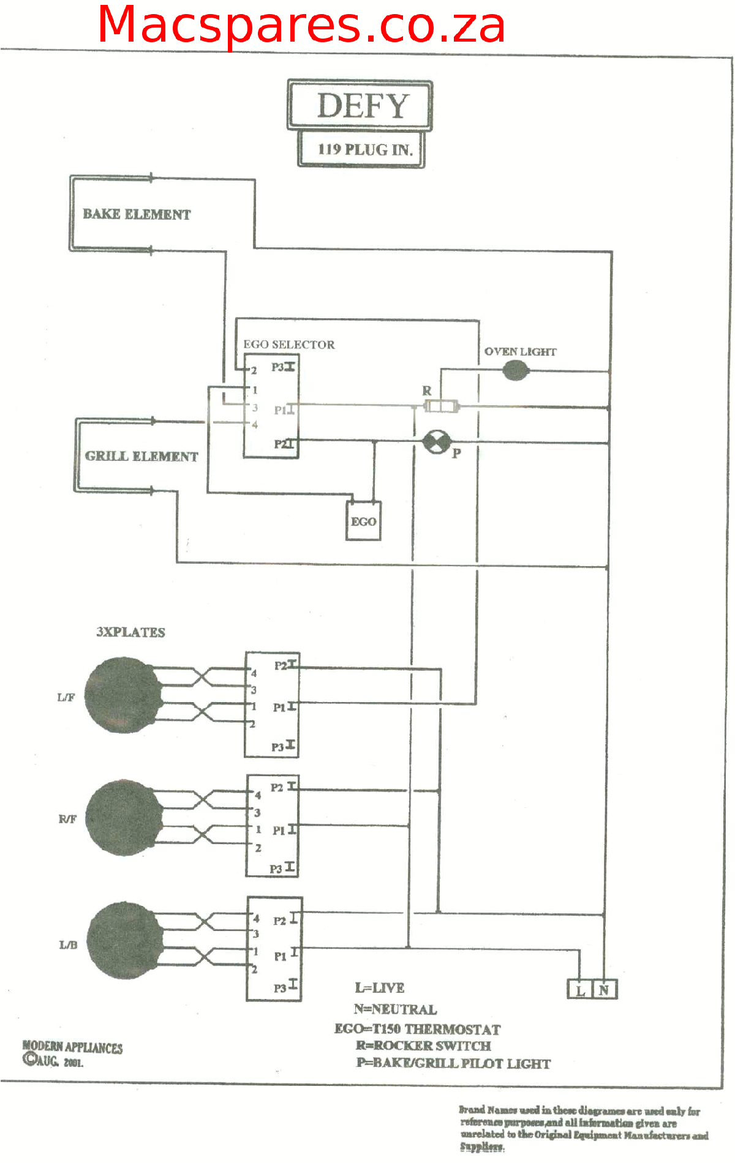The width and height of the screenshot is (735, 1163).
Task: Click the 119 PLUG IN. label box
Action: (362, 149)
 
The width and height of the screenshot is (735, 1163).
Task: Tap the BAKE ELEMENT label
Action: (137, 214)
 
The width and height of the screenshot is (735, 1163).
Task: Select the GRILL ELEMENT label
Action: (141, 457)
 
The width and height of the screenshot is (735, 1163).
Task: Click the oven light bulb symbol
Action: (515, 370)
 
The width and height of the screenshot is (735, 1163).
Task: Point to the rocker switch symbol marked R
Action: (441, 406)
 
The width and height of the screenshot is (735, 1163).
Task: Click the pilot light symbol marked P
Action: (437, 442)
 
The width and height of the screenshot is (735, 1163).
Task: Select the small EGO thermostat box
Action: (363, 522)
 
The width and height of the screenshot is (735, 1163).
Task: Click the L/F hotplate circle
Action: (123, 695)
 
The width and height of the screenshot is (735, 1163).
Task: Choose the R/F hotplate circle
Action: (124, 818)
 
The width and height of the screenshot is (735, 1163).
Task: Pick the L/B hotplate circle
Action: (126, 940)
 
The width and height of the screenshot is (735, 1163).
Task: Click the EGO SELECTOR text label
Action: (289, 345)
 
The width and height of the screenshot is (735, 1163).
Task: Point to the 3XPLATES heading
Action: (130, 632)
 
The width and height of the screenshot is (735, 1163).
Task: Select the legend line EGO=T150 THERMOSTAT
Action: (417, 1029)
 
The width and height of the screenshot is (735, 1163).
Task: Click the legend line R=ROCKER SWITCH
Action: (423, 1045)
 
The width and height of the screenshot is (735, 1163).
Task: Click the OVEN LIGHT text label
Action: (520, 352)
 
